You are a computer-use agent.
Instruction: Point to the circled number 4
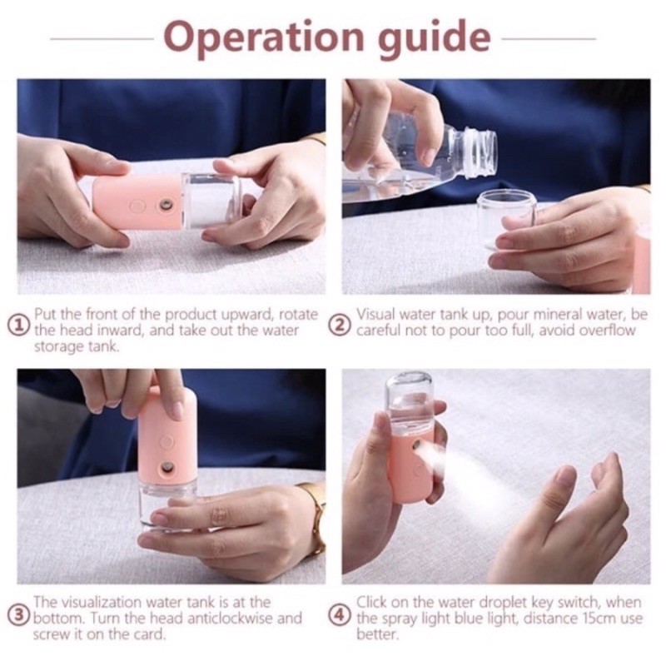pyautogui.click(x=340, y=615)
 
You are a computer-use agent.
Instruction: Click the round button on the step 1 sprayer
pyautogui.click(x=137, y=206)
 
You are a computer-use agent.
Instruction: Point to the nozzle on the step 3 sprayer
pyautogui.click(x=166, y=470)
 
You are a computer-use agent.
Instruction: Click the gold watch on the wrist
pyautogui.click(x=316, y=519)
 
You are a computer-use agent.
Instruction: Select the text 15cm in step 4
pyautogui.click(x=600, y=618)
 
